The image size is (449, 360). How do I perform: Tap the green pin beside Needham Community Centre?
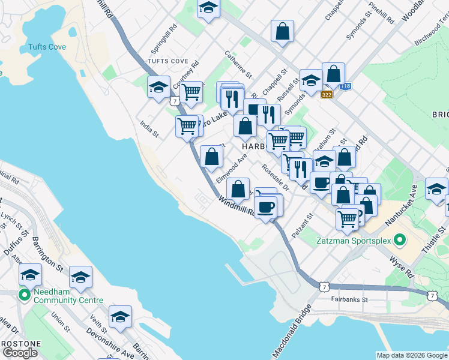coord(24,295)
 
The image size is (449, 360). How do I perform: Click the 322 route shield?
coord(327,95)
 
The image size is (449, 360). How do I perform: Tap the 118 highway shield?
coord(345,86)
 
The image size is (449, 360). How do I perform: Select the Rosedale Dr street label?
coord(276,178)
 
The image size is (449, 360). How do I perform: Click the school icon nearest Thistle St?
coord(436,188)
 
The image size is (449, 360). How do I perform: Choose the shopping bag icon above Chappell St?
coord(282,31)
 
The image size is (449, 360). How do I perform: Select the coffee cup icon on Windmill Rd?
coord(265,206)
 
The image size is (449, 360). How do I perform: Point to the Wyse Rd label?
coord(402,266)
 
